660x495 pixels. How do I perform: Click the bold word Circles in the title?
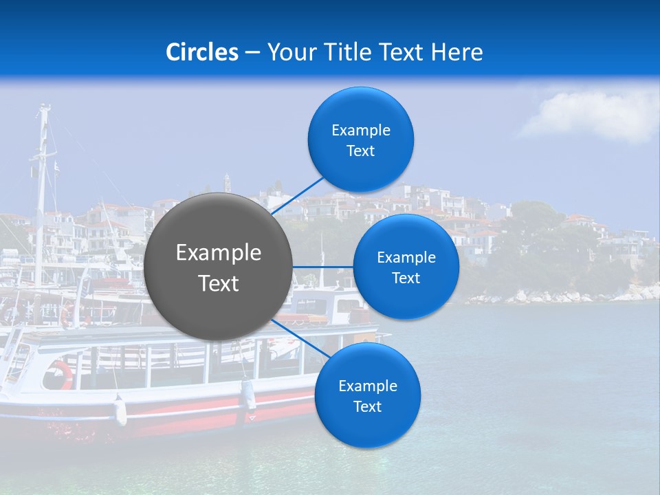[201, 52]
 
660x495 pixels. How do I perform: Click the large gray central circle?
[219, 267]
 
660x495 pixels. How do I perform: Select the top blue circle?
[360, 140]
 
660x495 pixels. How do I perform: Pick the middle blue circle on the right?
[406, 267]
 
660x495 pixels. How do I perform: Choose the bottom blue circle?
[367, 395]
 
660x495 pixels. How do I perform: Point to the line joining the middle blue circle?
[322, 267]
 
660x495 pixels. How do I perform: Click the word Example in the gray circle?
[219, 253]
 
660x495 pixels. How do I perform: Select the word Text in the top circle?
[360, 151]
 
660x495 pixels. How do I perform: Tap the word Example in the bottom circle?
[367, 386]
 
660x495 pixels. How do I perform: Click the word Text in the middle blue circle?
[406, 278]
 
